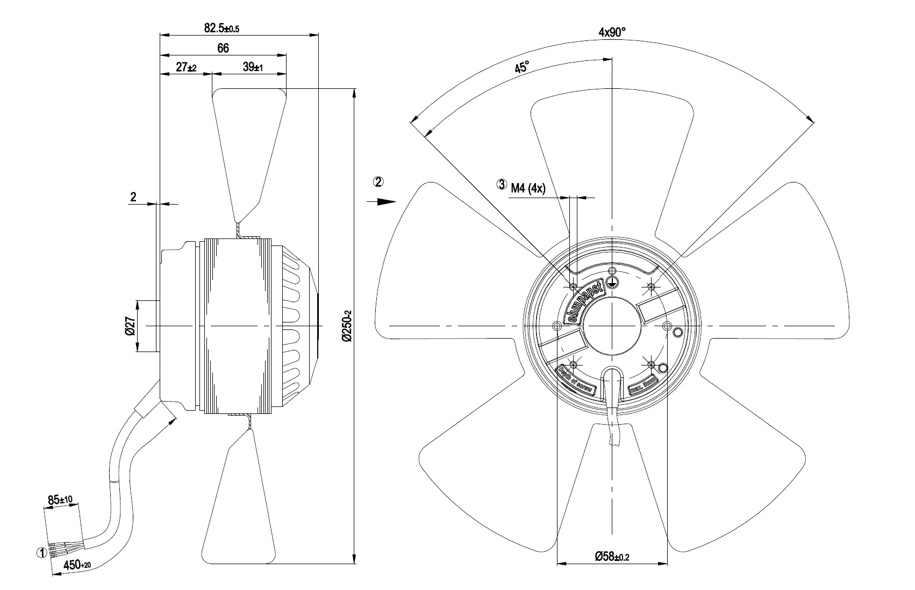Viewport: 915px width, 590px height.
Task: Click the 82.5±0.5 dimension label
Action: (221, 29)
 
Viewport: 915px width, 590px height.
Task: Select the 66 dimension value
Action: (223, 48)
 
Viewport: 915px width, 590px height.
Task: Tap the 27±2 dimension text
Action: (187, 67)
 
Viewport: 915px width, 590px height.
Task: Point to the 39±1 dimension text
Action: (252, 67)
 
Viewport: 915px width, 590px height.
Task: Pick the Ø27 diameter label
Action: (130, 326)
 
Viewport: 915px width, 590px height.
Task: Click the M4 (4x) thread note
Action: (528, 187)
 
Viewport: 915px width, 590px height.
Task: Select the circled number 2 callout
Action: (378, 182)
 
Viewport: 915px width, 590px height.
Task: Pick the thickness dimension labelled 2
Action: (133, 197)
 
